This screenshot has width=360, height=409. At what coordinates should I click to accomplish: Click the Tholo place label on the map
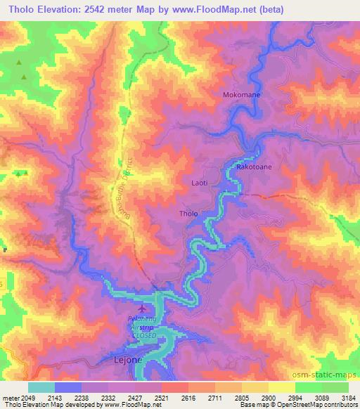(x=188, y=214)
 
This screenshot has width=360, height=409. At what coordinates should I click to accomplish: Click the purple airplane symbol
(x=143, y=309)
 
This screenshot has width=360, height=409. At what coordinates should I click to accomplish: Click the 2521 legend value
(x=162, y=397)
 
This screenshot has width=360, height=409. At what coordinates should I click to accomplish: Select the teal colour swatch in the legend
(x=41, y=387)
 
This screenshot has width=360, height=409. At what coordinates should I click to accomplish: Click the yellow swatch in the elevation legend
(x=281, y=387)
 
